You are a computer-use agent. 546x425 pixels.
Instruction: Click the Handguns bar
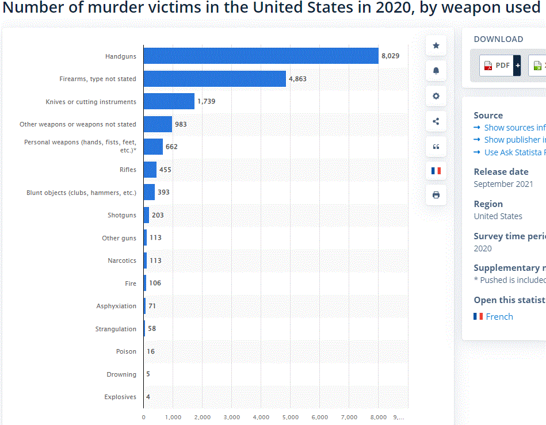260,56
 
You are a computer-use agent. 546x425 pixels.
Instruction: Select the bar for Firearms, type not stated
214,79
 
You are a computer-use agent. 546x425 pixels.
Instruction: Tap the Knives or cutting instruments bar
169,101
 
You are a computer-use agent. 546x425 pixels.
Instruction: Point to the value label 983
181,124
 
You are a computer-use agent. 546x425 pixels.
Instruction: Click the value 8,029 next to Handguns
390,56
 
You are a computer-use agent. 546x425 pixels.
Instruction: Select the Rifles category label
128,170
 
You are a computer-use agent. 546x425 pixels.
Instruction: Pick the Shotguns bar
146,215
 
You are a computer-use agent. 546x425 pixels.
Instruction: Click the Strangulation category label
116,329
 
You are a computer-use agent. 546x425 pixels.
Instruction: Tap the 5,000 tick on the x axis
290,417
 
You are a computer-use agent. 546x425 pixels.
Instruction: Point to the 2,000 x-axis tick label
202,417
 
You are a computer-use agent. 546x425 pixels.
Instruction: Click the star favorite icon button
436,45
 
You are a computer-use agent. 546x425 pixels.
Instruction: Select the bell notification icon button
436,71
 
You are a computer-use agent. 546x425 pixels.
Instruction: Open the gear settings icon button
436,96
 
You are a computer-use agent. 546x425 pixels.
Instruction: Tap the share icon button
436,121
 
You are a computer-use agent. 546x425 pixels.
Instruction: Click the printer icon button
436,195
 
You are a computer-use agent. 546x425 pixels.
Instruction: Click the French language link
499,316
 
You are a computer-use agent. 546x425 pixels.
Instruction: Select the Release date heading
501,171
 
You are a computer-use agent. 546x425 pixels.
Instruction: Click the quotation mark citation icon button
436,146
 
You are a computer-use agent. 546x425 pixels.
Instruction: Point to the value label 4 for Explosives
148,397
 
